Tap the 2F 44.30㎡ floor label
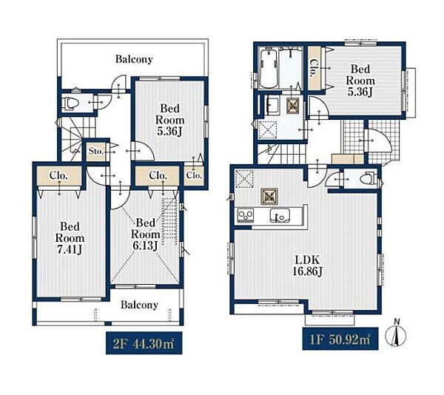pyautogui.click(x=144, y=343)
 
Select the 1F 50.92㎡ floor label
pyautogui.click(x=340, y=339)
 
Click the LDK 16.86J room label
pyautogui.click(x=307, y=266)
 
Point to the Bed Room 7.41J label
pyautogui.click(x=70, y=238)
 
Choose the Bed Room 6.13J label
pyautogui.click(x=145, y=234)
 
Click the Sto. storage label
pyautogui.click(x=96, y=151)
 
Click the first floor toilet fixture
pyautogui.click(x=370, y=178)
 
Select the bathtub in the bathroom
pyautogui.click(x=269, y=69)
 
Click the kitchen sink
pyautogui.click(x=280, y=215)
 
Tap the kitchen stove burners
pyautogui.click(x=245, y=215)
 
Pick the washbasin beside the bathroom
pyautogui.click(x=272, y=105)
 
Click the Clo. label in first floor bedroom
pyautogui.click(x=314, y=68)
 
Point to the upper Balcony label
pyautogui.click(x=134, y=59)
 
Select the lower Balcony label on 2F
pyautogui.click(x=139, y=305)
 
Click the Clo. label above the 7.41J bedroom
pyautogui.click(x=58, y=175)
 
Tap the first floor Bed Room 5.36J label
pyautogui.click(x=360, y=81)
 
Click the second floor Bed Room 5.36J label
pyautogui.click(x=169, y=120)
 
